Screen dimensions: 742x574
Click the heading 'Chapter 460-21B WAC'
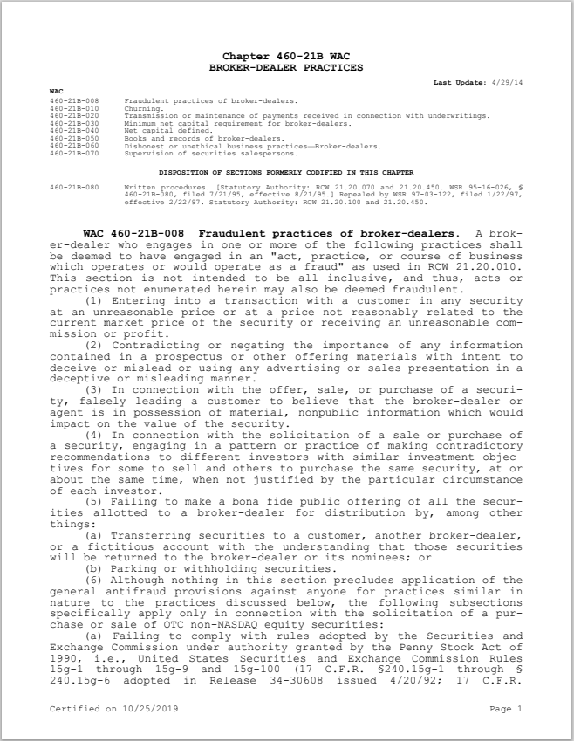[286, 56]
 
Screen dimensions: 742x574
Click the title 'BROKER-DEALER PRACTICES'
[286, 66]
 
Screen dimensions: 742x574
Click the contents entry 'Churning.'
[143, 108]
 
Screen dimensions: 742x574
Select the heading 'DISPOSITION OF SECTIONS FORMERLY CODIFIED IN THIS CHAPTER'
[286, 172]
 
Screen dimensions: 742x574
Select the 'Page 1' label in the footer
[506, 709]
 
